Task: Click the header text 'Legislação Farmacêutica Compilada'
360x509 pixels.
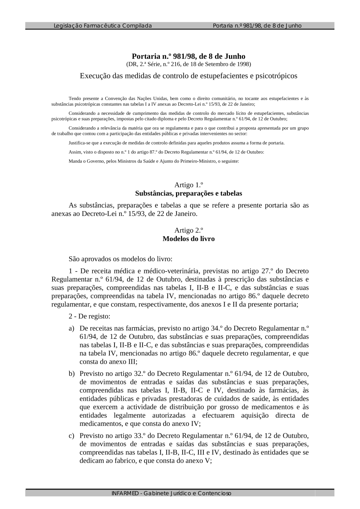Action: click(103, 26)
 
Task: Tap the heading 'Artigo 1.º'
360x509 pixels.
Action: click(189, 185)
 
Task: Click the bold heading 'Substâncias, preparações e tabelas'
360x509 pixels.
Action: click(189, 194)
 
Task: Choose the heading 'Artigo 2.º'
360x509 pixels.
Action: click(189, 231)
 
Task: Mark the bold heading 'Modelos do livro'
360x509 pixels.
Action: click(189, 239)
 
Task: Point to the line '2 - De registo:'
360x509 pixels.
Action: click(90, 317)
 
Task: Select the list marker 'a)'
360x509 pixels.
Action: click(72, 328)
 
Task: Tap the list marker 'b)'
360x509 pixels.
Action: click(72, 374)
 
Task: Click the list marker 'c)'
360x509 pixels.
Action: click(72, 436)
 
